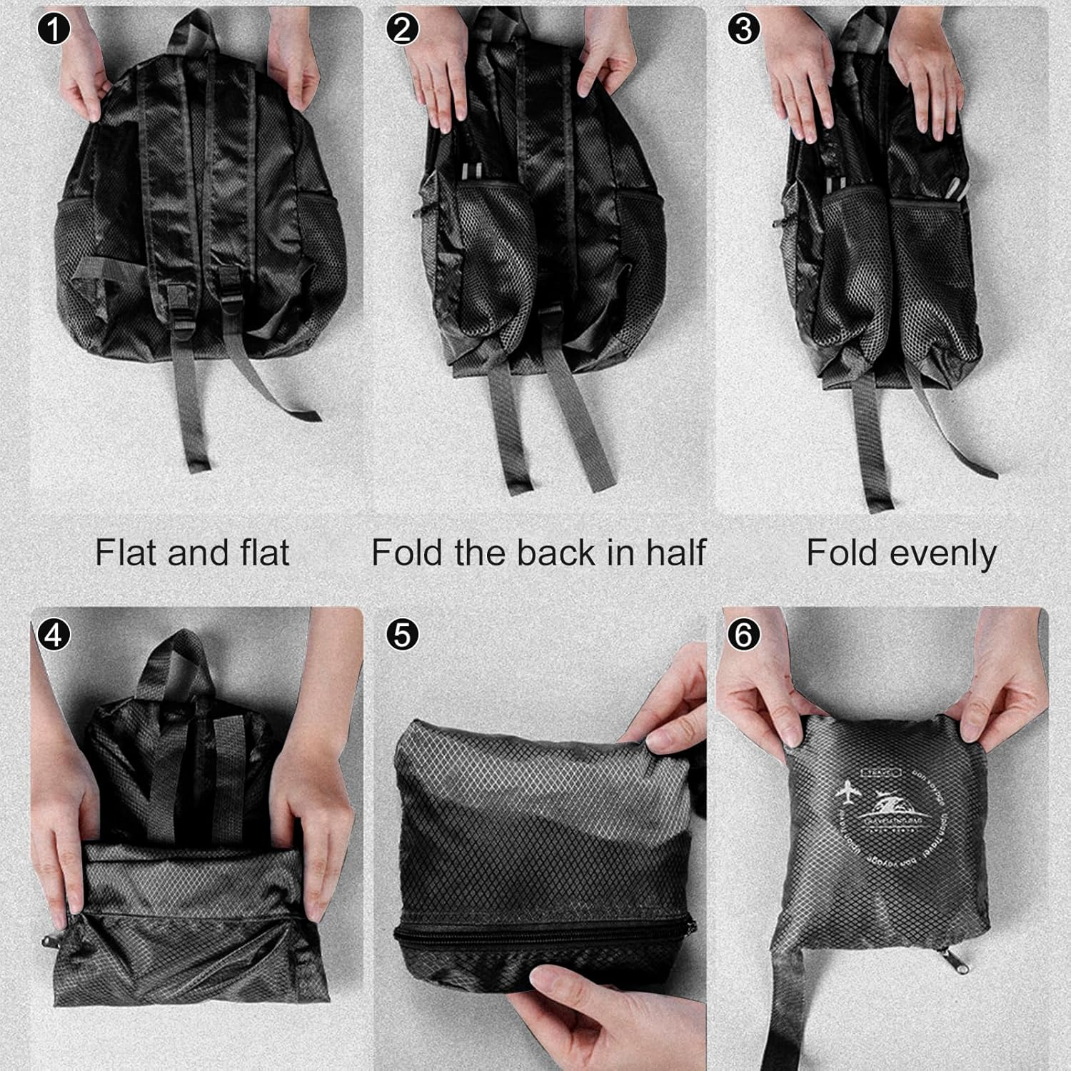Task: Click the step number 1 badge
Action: (x=54, y=30)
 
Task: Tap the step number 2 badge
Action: (x=402, y=30)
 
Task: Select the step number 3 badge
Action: (x=743, y=30)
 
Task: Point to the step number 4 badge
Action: (x=54, y=634)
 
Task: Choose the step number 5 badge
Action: (x=402, y=634)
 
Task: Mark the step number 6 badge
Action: (x=743, y=634)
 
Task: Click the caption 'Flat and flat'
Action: (x=192, y=553)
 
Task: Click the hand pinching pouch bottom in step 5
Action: (x=578, y=1007)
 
